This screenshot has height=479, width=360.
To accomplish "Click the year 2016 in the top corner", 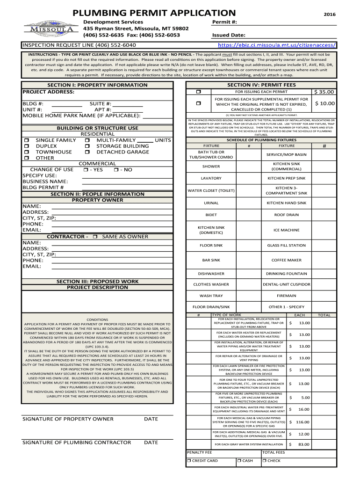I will [x=330, y=15].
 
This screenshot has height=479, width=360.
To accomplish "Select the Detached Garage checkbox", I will [x=87, y=152].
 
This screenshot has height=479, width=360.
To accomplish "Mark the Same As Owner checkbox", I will [x=95, y=237].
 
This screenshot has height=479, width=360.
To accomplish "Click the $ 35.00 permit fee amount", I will [x=324, y=92].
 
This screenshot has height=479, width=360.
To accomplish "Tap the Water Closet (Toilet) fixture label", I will [x=211, y=190].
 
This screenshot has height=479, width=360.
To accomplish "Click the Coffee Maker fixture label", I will [x=286, y=260].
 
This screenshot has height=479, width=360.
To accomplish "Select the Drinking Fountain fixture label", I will [x=286, y=274].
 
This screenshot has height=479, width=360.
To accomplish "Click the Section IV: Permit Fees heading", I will [x=261, y=85].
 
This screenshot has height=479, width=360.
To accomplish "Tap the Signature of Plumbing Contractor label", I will [x=77, y=442].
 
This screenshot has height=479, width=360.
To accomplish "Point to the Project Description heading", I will [x=97, y=287].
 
